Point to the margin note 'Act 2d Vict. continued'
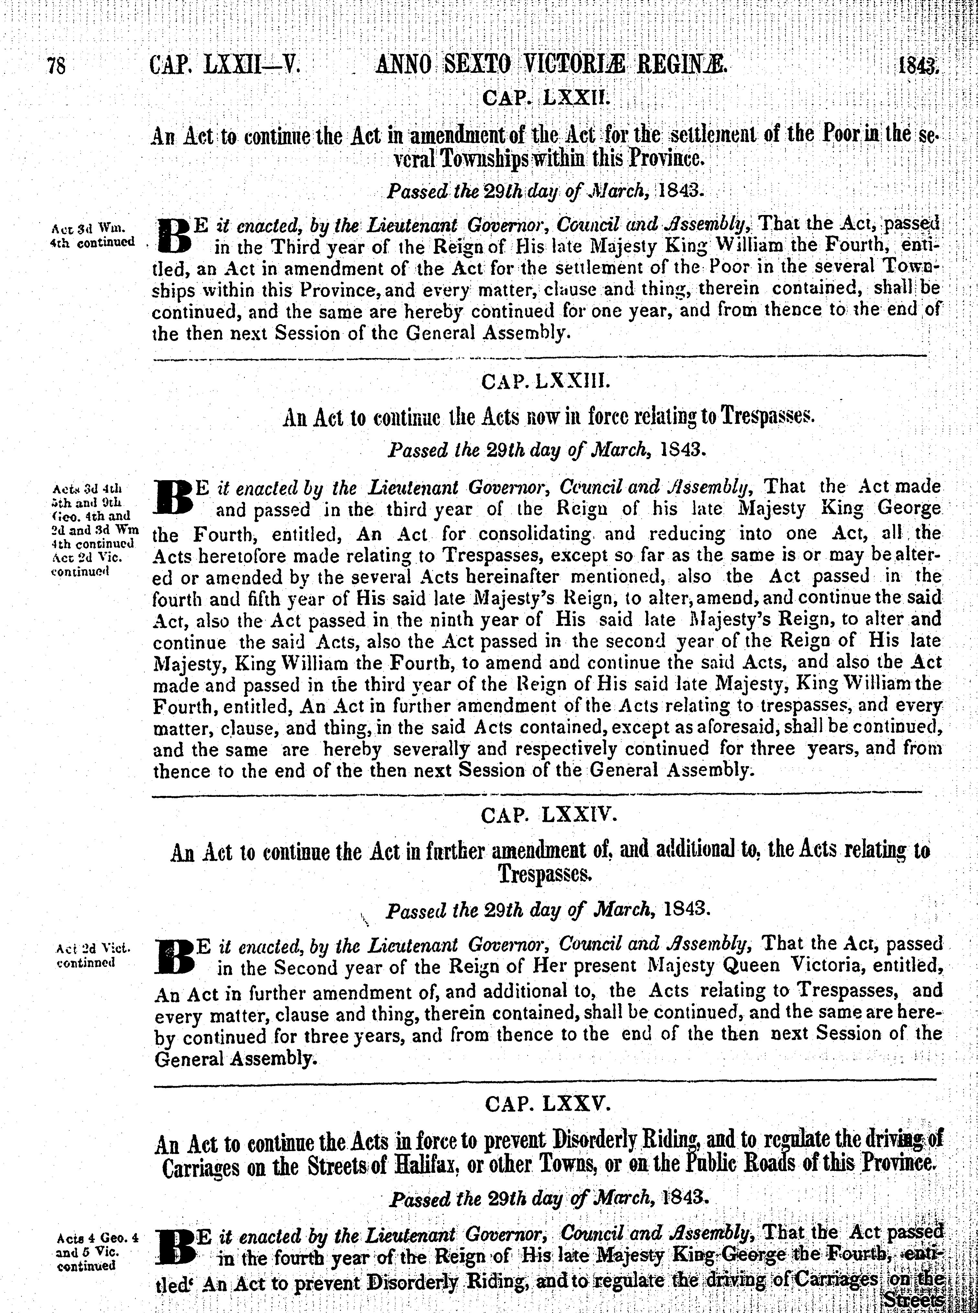[93, 954]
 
